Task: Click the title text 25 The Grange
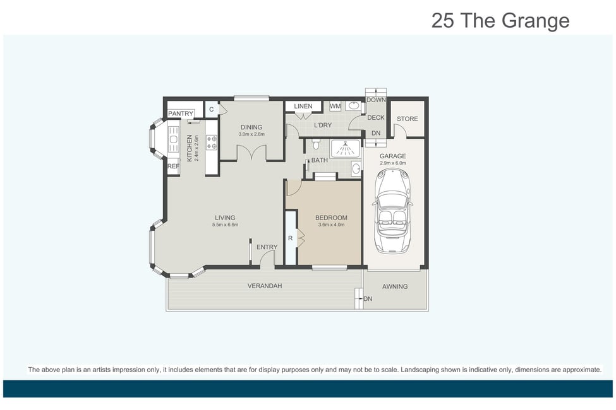coord(500,21)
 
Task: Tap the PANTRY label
coord(181,114)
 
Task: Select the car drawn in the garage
coord(392,211)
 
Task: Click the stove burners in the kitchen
coord(212,143)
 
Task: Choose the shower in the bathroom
coord(344,149)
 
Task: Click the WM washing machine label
coord(335,107)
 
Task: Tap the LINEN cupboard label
coord(303,107)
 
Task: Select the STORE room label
coord(408,119)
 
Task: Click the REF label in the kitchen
coord(173,167)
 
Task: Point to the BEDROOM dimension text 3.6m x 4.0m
coord(331,225)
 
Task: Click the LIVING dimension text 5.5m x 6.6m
coord(225,225)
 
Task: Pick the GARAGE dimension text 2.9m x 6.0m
coord(393,163)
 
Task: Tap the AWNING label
coord(395,287)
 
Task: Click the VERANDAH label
coord(265,286)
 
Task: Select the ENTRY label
coord(267,247)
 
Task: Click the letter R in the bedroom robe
coord(291,238)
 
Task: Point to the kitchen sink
coord(173,139)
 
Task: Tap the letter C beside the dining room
coord(212,110)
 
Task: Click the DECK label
coord(376,118)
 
